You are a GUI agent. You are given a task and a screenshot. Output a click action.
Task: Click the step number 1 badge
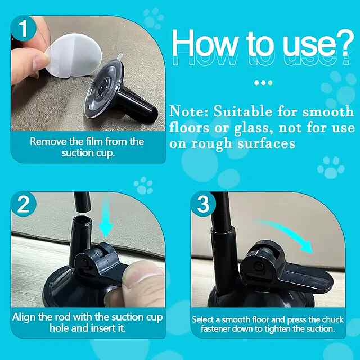[23, 29]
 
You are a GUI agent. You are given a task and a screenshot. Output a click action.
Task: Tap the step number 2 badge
[23, 204]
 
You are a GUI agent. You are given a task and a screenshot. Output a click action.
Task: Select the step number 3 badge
[203, 204]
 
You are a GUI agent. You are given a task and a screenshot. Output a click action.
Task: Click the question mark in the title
[344, 44]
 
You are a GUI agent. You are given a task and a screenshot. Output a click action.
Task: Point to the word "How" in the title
[205, 44]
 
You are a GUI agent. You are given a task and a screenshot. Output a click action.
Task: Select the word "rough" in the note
[211, 145]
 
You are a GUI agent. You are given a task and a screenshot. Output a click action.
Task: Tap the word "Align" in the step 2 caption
[24, 318]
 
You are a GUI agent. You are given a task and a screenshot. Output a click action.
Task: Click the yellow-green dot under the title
[271, 83]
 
